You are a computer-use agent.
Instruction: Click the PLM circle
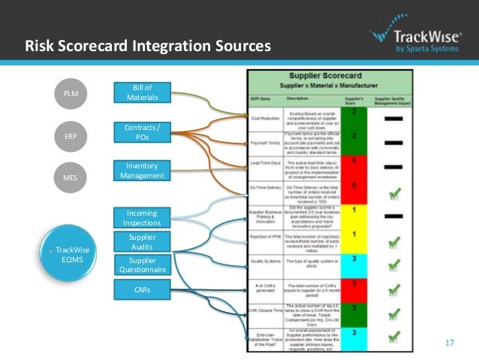pyautogui.click(x=71, y=94)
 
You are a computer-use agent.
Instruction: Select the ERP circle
pyautogui.click(x=71, y=136)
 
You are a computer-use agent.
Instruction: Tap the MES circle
pyautogui.click(x=71, y=178)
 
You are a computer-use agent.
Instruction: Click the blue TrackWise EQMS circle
pyautogui.click(x=71, y=253)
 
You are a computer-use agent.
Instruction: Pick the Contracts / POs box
pyautogui.click(x=142, y=133)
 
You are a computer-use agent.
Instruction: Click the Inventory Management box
pyautogui.click(x=142, y=171)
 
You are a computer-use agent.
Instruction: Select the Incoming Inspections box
pyautogui.click(x=142, y=219)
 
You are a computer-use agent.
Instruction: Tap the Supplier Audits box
pyautogui.click(x=142, y=241)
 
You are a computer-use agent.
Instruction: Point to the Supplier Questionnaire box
pyautogui.click(x=142, y=265)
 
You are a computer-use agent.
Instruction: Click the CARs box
pyautogui.click(x=142, y=289)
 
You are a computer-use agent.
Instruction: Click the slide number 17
pyautogui.click(x=450, y=343)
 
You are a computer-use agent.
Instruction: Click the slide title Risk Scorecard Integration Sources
pyautogui.click(x=148, y=47)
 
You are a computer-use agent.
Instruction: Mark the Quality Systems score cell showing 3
pyautogui.click(x=354, y=262)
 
